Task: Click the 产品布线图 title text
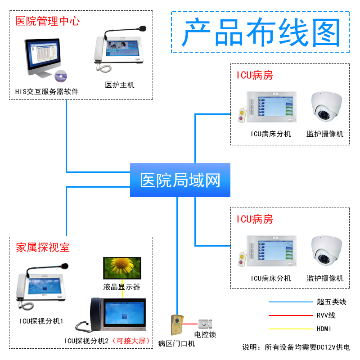click(261, 33)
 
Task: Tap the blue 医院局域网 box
click(180, 180)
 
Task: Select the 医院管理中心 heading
click(47, 21)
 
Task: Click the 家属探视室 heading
click(43, 247)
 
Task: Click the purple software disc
click(60, 76)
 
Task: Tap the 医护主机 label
click(120, 85)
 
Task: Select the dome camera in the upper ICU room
click(328, 108)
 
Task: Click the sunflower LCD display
click(122, 267)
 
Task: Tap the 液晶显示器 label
click(121, 287)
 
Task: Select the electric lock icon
click(205, 324)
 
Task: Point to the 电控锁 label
click(205, 335)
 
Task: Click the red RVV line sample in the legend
click(290, 315)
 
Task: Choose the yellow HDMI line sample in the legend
click(290, 329)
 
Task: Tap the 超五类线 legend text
click(332, 302)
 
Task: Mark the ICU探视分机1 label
click(41, 321)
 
